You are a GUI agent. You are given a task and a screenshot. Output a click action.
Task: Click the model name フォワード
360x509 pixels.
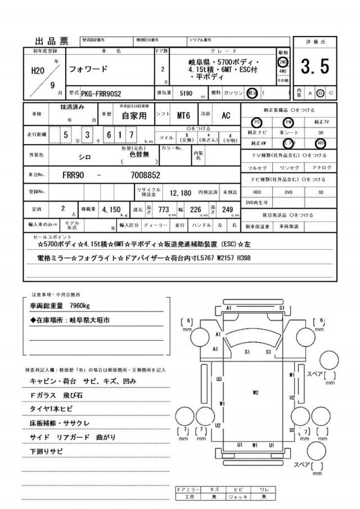tap(87, 70)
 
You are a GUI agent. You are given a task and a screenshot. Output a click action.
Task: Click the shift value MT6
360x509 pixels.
tap(183, 115)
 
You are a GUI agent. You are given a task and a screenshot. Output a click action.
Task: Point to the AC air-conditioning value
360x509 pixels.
tap(226, 115)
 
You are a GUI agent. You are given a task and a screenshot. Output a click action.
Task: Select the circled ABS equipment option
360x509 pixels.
tap(321, 143)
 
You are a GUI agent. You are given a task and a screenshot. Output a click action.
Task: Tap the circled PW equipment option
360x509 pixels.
tap(289, 122)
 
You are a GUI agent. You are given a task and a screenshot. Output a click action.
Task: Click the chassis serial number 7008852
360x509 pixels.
tap(146, 175)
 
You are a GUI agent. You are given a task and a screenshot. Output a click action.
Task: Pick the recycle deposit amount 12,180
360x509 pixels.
tap(181, 192)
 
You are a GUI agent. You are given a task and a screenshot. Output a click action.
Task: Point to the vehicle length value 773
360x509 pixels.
tap(164, 210)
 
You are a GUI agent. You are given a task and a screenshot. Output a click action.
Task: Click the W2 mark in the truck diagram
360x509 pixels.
tap(255, 392)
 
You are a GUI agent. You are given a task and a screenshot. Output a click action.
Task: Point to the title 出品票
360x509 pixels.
tap(52, 40)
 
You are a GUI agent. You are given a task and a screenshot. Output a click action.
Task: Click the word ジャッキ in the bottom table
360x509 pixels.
tap(239, 497)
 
